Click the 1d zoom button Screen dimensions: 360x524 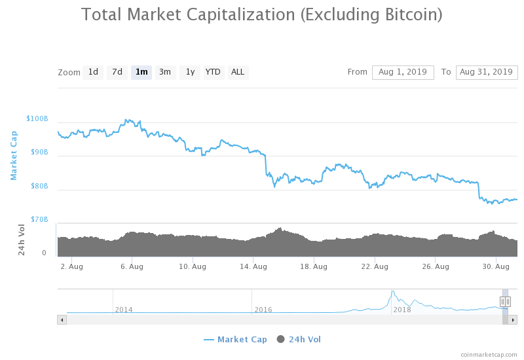tap(94, 72)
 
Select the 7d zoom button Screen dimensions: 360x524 tap(117, 72)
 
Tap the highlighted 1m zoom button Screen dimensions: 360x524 tap(141, 72)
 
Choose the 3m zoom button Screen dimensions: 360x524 tap(165, 72)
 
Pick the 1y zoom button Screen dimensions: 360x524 tap(190, 72)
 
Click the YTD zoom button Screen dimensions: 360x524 tap(213, 72)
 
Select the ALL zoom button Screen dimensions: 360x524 tap(238, 72)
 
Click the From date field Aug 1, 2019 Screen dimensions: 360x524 tap(403, 72)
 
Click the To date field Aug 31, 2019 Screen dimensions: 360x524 tap(487, 72)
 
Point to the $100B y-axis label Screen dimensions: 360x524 tap(37, 119)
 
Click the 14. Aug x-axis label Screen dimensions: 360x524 tap(253, 266)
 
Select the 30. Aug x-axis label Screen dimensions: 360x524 tap(496, 266)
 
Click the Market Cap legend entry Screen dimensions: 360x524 tap(235, 339)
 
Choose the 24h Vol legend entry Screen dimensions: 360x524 tap(299, 339)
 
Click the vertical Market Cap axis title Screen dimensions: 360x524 tap(13, 155)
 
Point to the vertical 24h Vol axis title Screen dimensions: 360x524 tap(22, 240)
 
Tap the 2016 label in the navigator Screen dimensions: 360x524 tap(263, 310)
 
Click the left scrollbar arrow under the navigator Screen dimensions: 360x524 tap(62, 319)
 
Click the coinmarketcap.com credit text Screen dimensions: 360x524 tap(489, 354)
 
